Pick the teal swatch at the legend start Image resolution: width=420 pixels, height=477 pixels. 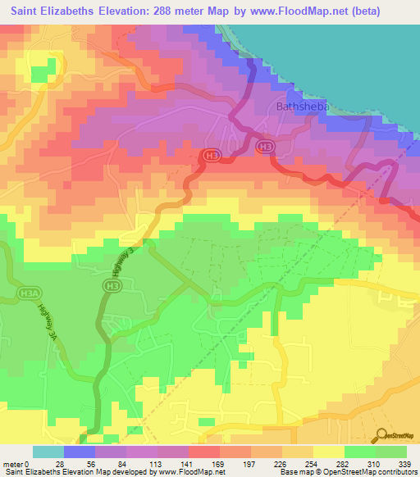tap(48, 452)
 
